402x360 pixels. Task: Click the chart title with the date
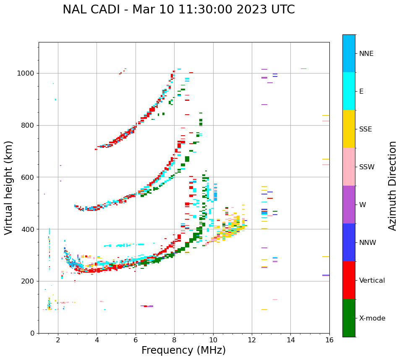[178, 10]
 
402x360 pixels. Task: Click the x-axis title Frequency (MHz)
[183, 350]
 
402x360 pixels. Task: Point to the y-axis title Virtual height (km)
[9, 187]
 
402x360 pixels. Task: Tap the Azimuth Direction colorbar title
[392, 186]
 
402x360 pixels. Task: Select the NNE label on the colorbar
[366, 54]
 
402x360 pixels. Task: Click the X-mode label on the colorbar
[372, 318]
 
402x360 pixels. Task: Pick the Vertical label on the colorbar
[372, 281]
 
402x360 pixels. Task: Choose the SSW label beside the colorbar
[367, 167]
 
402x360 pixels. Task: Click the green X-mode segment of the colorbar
[349, 318]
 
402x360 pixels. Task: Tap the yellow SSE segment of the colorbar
[349, 129]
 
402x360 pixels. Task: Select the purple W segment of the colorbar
[349, 205]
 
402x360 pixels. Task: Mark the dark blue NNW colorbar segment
[349, 242]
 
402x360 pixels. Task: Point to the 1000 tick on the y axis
[26, 73]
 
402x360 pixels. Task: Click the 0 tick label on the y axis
[32, 333]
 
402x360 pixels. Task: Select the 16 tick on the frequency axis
[329, 340]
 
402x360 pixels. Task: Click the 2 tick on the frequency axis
[58, 340]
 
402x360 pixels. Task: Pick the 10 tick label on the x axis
[213, 340]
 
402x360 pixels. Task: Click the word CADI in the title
[108, 10]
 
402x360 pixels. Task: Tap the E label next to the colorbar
[361, 92]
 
